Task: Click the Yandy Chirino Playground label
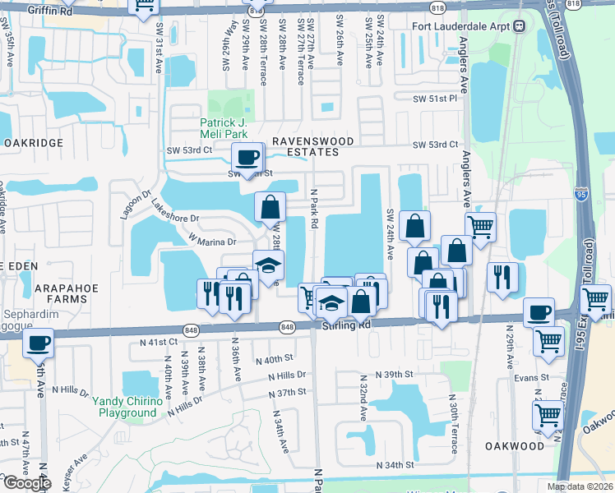pyautogui.click(x=127, y=407)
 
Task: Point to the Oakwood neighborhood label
pyautogui.click(x=516, y=446)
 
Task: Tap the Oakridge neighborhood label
pyautogui.click(x=33, y=142)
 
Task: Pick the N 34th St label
pyautogui.click(x=395, y=465)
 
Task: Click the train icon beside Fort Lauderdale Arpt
pyautogui.click(x=520, y=25)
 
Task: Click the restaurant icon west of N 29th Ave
pyautogui.click(x=502, y=276)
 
